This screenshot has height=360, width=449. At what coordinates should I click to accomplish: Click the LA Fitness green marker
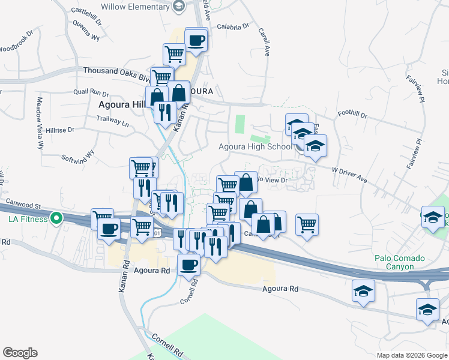[56, 218]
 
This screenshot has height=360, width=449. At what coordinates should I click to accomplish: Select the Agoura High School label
[255, 146]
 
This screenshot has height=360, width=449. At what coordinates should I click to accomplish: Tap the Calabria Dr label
[233, 26]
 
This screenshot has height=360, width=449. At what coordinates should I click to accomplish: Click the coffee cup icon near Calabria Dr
[196, 40]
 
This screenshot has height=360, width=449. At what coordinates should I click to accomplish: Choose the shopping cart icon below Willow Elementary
[174, 54]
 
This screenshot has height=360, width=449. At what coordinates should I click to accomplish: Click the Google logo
[20, 353]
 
